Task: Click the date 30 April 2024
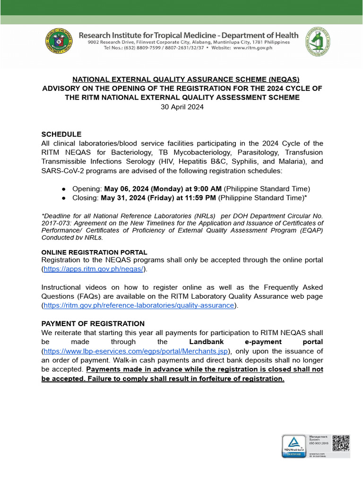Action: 182,107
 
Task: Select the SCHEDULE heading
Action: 61,134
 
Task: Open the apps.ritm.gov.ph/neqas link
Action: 94,269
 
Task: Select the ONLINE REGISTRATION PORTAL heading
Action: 94,252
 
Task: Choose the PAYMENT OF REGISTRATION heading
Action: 93,324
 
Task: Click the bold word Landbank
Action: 206,342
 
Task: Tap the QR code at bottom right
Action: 341,443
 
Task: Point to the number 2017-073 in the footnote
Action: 56,223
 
